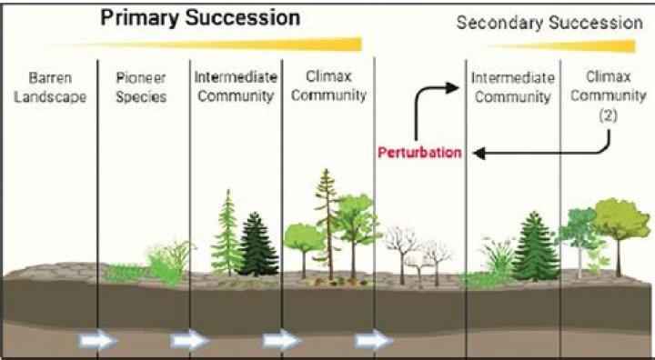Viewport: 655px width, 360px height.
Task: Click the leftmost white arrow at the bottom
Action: [x=96, y=341]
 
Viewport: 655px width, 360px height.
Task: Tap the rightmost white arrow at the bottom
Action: [x=374, y=341]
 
